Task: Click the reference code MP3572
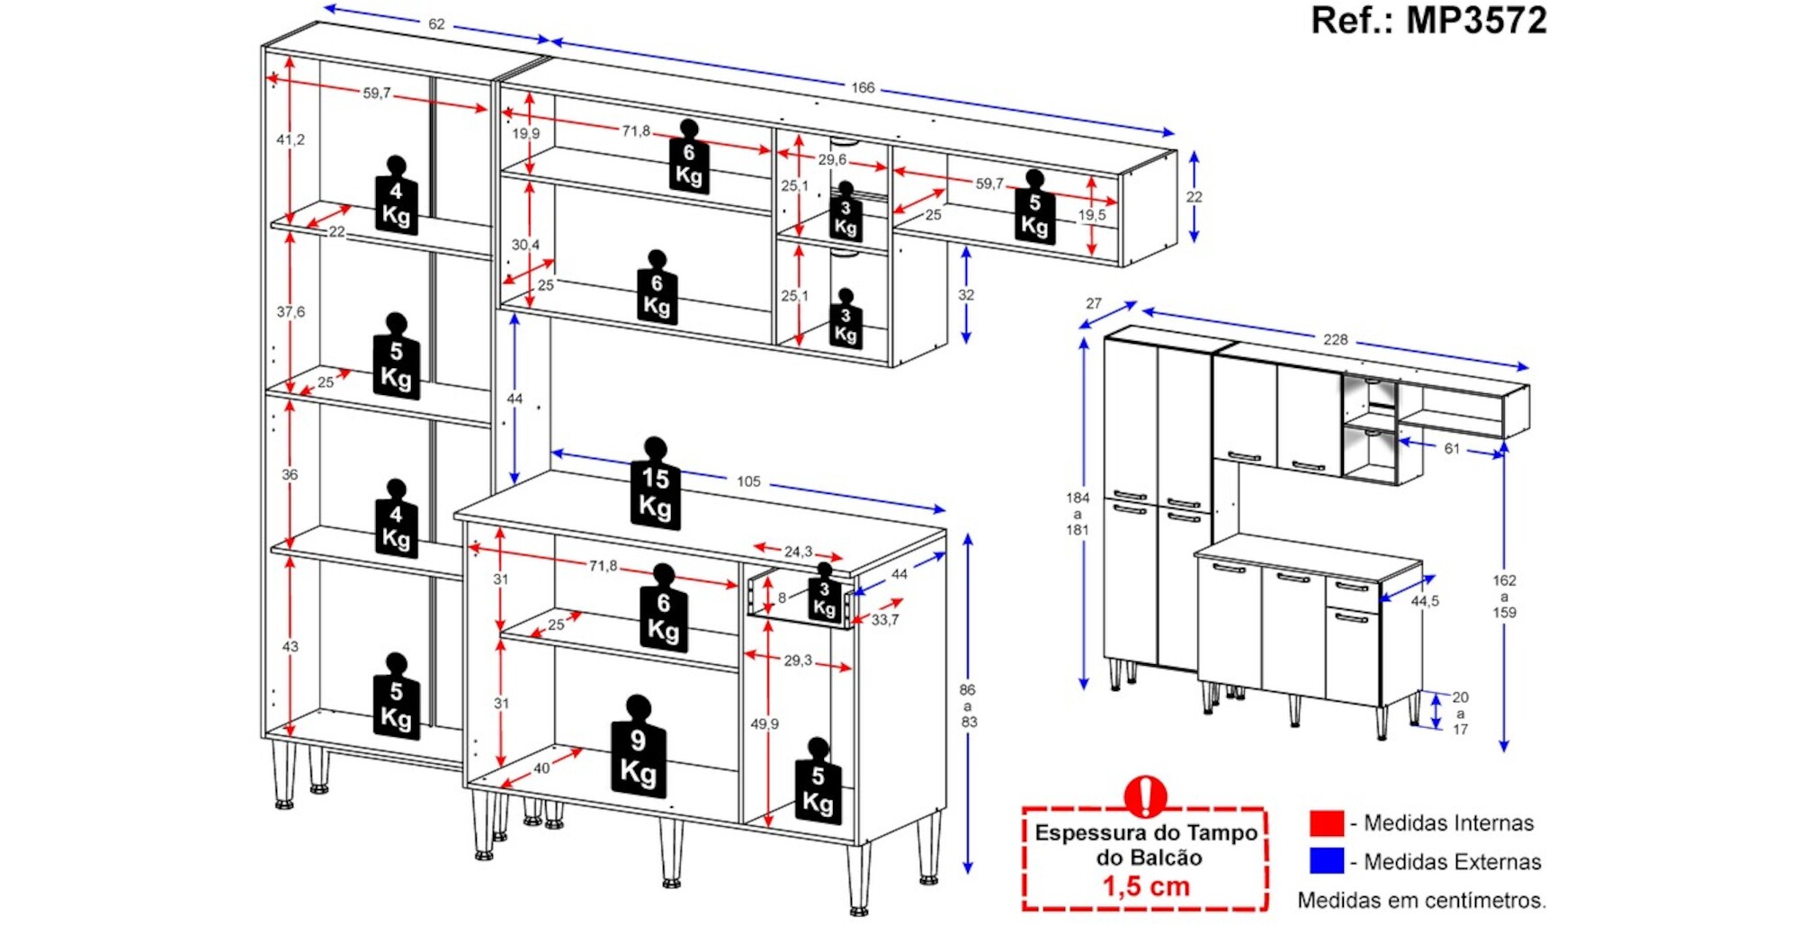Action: (x=1475, y=20)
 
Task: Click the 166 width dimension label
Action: (x=863, y=87)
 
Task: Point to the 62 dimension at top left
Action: (x=436, y=24)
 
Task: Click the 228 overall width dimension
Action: (x=1335, y=339)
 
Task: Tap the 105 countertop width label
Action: (x=748, y=481)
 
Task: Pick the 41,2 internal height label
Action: (x=291, y=139)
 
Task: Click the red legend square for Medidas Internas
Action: (x=1327, y=822)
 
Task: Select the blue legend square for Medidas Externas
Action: (x=1327, y=861)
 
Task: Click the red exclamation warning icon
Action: (x=1145, y=795)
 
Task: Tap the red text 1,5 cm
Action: (x=1146, y=886)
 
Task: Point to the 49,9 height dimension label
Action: (x=765, y=723)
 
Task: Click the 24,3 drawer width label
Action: (x=798, y=552)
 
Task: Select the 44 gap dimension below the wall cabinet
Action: (x=515, y=399)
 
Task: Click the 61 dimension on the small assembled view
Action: (x=1452, y=448)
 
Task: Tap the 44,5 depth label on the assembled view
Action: (x=1425, y=601)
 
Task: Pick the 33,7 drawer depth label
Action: (x=885, y=620)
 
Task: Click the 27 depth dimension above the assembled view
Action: (x=1094, y=303)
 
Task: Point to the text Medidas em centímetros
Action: (x=1421, y=900)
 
